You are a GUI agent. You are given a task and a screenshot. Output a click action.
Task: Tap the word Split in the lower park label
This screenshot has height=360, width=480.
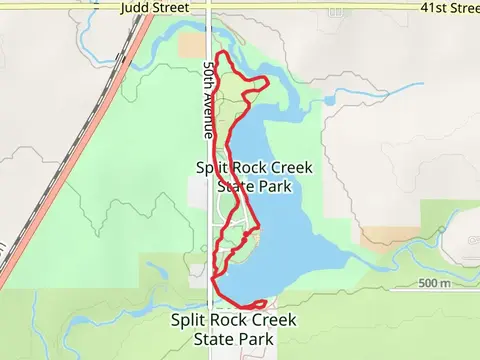tap(189, 320)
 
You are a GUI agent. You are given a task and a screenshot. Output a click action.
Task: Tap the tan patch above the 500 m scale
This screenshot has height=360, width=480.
tap(384, 236)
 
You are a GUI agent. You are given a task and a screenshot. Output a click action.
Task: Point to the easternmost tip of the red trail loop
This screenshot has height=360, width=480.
tap(269, 79)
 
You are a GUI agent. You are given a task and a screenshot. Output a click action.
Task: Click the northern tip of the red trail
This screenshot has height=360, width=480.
tap(221, 53)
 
